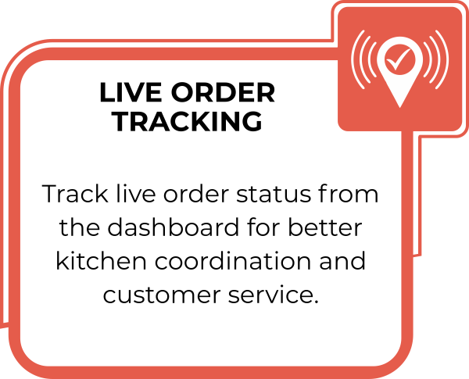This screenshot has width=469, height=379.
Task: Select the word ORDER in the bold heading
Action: pyautogui.click(x=223, y=92)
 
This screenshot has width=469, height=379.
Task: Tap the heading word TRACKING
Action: pyautogui.click(x=188, y=121)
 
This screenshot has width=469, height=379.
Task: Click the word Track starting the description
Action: pyautogui.click(x=75, y=194)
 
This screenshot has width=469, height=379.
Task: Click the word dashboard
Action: pyautogui.click(x=174, y=227)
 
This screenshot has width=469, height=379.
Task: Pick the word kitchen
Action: pyautogui.click(x=101, y=260)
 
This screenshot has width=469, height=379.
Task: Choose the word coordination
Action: pyautogui.click(x=232, y=260)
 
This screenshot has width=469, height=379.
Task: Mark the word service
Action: pyautogui.click(x=273, y=295)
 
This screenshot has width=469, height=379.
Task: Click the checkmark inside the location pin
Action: pyautogui.click(x=399, y=59)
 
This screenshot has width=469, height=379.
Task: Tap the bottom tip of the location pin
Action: pyautogui.click(x=399, y=108)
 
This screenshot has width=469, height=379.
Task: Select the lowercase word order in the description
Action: pyautogui.click(x=196, y=194)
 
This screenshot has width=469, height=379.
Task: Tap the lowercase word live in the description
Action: pyautogui.click(x=136, y=194)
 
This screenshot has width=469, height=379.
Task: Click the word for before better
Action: pyautogui.click(x=263, y=227)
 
